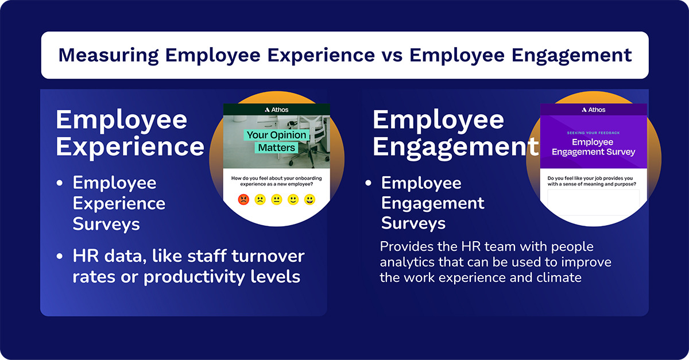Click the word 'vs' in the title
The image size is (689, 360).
(x=392, y=55)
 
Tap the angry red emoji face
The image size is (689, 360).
(x=243, y=200)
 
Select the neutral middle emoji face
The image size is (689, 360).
(x=277, y=200)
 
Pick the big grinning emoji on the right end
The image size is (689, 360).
(x=310, y=200)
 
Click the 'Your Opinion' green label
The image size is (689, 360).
(x=277, y=136)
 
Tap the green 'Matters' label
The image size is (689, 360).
(x=276, y=148)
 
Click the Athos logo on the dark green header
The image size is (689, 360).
(x=277, y=110)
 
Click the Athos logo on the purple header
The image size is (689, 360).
(x=593, y=110)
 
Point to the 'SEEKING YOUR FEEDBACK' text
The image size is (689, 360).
(x=593, y=133)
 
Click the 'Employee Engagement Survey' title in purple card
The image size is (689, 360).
(x=593, y=147)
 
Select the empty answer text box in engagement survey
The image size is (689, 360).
(x=593, y=202)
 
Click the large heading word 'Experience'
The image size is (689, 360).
(x=130, y=146)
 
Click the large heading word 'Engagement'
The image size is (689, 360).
(x=455, y=146)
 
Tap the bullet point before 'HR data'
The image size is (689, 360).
(x=60, y=256)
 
